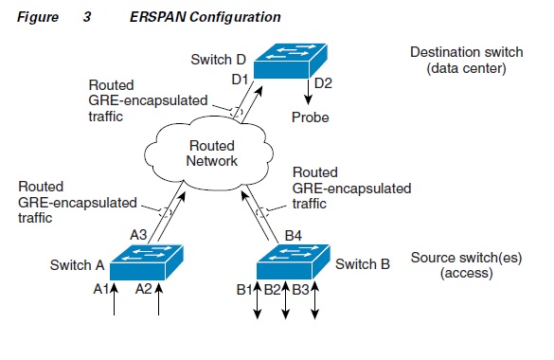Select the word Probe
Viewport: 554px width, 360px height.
[309, 117]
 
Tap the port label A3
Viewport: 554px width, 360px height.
[136, 234]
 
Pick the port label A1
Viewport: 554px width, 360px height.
[100, 290]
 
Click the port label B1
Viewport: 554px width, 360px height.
[244, 290]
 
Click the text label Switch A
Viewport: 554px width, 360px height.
[77, 265]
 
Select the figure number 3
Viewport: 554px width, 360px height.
[74, 17]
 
